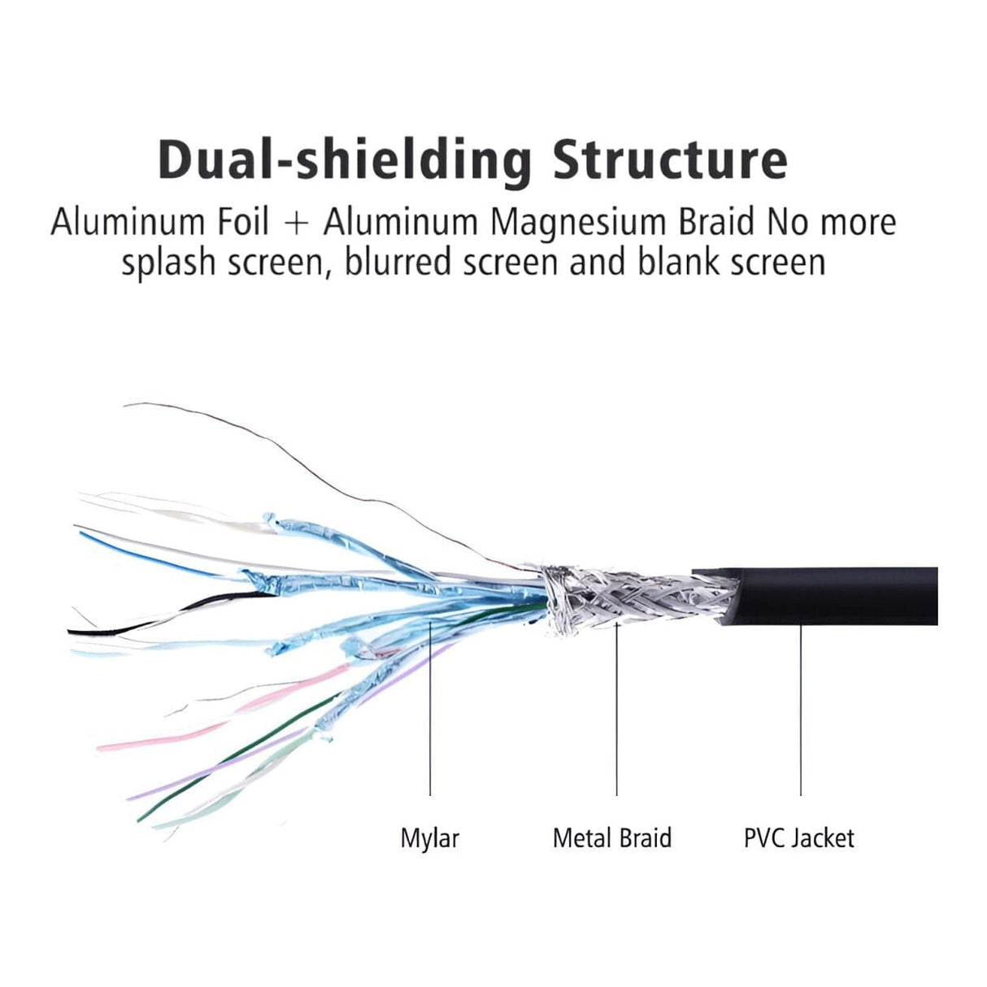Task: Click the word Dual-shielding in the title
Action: (346, 159)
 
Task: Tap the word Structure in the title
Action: (670, 159)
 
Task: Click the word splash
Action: (167, 262)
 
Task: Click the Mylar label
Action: (429, 837)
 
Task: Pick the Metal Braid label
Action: (611, 837)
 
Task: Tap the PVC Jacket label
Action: (798, 837)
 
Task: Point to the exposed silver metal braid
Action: (626, 598)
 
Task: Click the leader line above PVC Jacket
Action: (801, 707)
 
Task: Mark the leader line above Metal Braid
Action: (616, 707)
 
